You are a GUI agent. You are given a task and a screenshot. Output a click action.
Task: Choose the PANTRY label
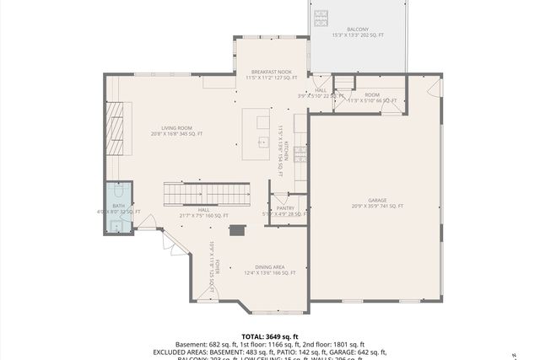[284, 208]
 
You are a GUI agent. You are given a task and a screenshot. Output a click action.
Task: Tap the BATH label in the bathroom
[118, 206]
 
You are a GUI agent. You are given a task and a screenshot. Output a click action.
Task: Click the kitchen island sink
[262, 142]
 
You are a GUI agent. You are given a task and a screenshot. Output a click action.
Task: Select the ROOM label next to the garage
[372, 94]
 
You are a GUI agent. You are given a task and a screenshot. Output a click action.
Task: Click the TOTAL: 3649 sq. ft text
[270, 336]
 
